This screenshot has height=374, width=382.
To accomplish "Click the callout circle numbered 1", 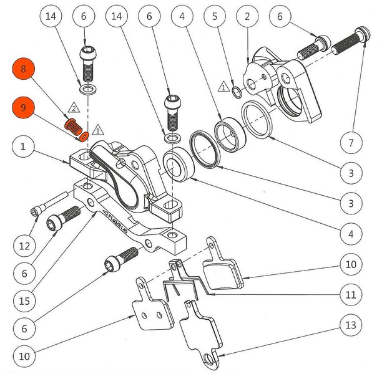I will (x=23, y=148).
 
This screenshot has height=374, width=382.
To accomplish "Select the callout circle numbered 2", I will (x=248, y=17).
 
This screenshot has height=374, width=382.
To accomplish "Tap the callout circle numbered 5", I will (x=215, y=17).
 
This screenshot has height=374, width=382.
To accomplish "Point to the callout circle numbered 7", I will (x=351, y=143).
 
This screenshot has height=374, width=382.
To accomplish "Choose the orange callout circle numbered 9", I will (x=23, y=108).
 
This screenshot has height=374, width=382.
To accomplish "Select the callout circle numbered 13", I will (x=351, y=325).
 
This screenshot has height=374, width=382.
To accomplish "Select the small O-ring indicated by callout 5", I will (x=237, y=93).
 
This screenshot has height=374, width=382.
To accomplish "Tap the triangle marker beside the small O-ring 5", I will (x=223, y=88).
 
